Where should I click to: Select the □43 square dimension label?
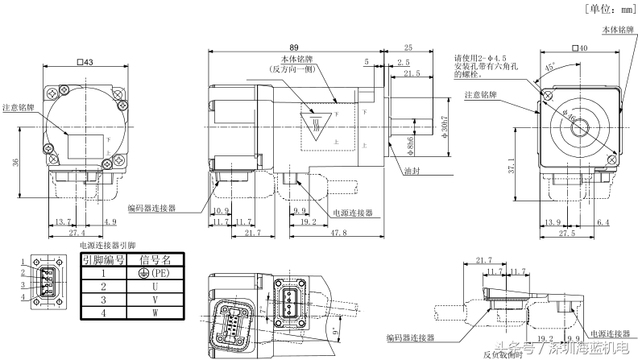pyautogui.click(x=84, y=62)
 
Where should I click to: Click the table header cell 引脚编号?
pyautogui.click(x=102, y=259)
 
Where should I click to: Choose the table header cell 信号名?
pyautogui.click(x=155, y=259)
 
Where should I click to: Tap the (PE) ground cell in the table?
pyautogui.click(x=155, y=273)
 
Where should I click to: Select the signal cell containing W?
pyautogui.click(x=155, y=312)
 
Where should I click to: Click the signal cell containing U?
pyautogui.click(x=155, y=286)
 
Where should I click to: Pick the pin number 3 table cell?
pyautogui.click(x=102, y=299)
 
